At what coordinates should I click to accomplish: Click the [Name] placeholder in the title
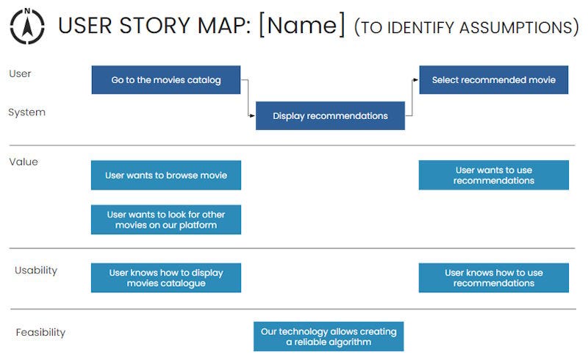click(x=301, y=26)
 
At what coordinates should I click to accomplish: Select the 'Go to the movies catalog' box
click(x=166, y=80)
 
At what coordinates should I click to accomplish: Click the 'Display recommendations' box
click(x=330, y=116)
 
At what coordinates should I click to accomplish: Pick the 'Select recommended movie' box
click(x=493, y=80)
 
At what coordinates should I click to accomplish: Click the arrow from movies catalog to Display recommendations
click(x=248, y=98)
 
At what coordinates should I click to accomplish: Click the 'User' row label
click(x=20, y=73)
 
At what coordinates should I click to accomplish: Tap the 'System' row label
click(x=26, y=112)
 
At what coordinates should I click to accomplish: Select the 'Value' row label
click(x=24, y=162)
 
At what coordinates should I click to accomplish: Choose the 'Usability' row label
click(x=36, y=270)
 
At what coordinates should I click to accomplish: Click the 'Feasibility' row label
click(x=40, y=333)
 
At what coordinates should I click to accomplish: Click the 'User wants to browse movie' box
click(x=166, y=176)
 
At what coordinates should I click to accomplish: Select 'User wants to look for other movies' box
click(x=166, y=220)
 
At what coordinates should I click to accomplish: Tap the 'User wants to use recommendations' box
click(x=493, y=176)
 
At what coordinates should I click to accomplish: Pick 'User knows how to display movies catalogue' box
click(x=166, y=278)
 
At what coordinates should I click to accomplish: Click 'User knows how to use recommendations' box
click(x=493, y=278)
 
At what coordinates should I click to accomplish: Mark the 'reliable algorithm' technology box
click(x=329, y=336)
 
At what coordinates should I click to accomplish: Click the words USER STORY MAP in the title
click(x=154, y=26)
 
